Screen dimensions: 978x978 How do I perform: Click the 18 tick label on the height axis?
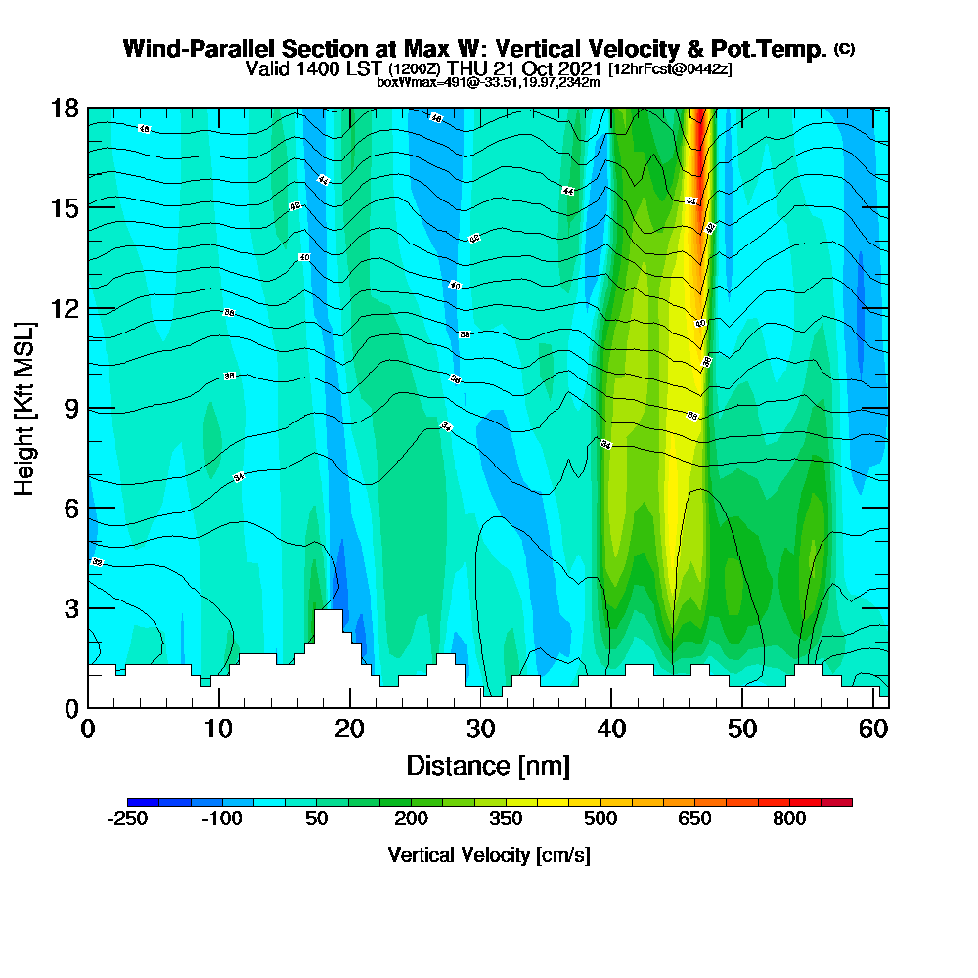click(65, 108)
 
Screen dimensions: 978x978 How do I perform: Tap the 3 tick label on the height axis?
click(69, 608)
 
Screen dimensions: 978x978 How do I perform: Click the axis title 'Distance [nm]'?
click(488, 765)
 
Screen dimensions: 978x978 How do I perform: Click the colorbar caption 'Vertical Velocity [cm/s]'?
click(489, 855)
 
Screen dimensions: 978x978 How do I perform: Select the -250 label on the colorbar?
click(125, 819)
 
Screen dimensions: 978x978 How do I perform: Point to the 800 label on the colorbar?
click(789, 819)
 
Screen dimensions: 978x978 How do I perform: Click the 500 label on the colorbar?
click(600, 819)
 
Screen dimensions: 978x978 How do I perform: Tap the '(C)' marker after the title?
click(844, 49)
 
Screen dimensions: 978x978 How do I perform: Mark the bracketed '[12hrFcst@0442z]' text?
click(670, 69)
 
